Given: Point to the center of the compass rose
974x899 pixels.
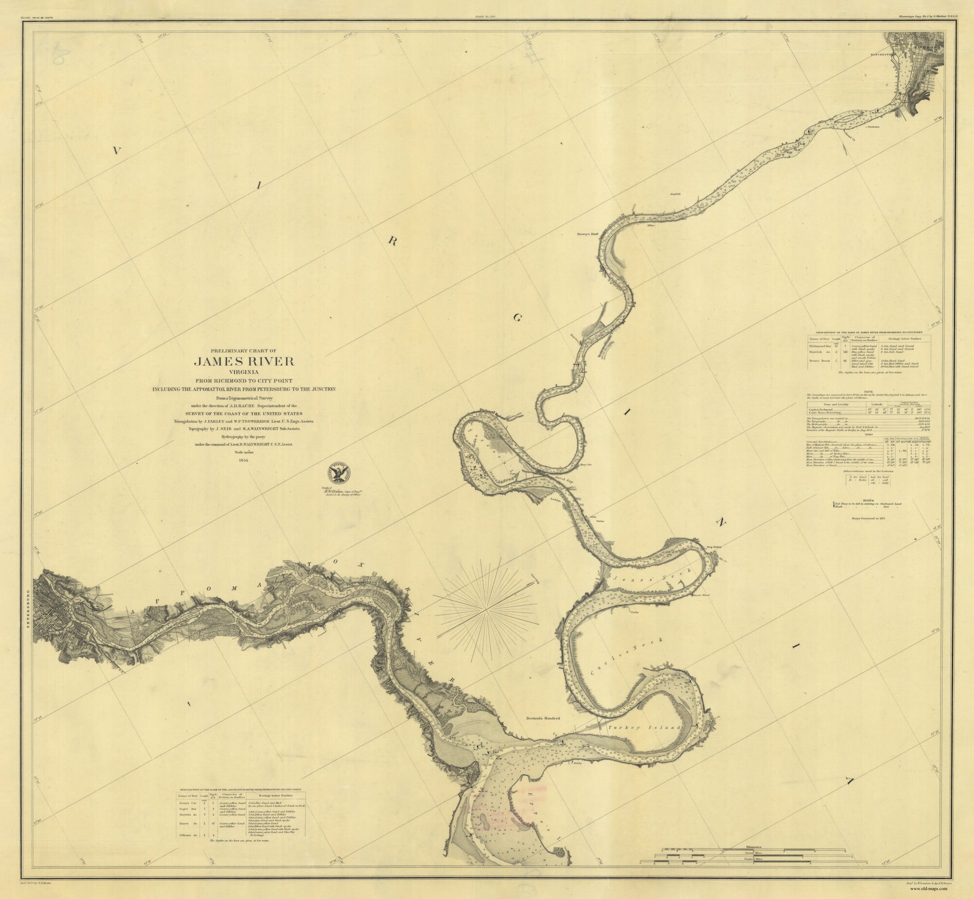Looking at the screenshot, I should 487,608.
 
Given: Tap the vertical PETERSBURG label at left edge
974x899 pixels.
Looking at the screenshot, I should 29,618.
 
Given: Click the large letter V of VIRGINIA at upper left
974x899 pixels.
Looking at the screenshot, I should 116,151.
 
